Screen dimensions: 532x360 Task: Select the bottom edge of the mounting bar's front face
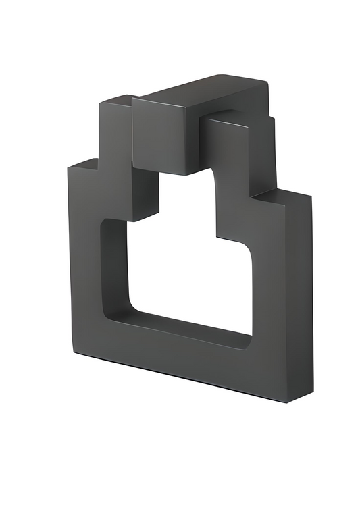[162, 172]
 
